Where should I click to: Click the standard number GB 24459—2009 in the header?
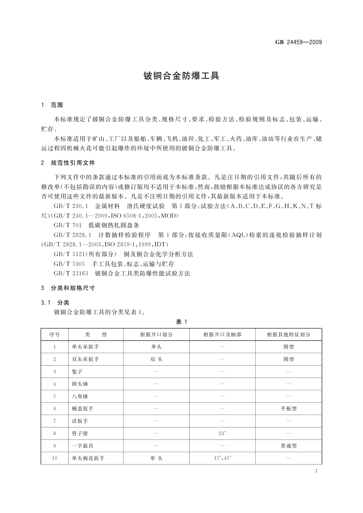pyautogui.click(x=298, y=42)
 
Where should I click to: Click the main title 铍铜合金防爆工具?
pyautogui.click(x=181, y=76)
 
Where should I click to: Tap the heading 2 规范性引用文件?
pyautogui.click(x=68, y=163)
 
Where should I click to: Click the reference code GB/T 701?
pyautogui.click(x=68, y=225)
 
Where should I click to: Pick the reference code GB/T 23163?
pyautogui.click(x=71, y=273)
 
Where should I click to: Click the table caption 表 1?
pyautogui.click(x=181, y=322)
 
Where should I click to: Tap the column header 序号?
pyautogui.click(x=55, y=334)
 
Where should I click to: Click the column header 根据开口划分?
pyautogui.click(x=156, y=334)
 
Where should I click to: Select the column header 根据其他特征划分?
pyautogui.click(x=289, y=334)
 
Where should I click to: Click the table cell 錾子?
pyautogui.click(x=77, y=372)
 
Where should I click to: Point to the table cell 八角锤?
pyautogui.click(x=80, y=396)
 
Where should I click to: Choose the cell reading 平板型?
pyautogui.click(x=289, y=409)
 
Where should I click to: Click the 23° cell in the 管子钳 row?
pyautogui.click(x=222, y=433)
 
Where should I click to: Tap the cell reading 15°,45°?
pyautogui.click(x=222, y=458)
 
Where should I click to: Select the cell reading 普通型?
pyautogui.click(x=289, y=446)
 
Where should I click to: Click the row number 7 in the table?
pyautogui.click(x=55, y=421)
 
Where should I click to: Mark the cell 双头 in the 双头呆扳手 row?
pyautogui.click(x=156, y=359)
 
